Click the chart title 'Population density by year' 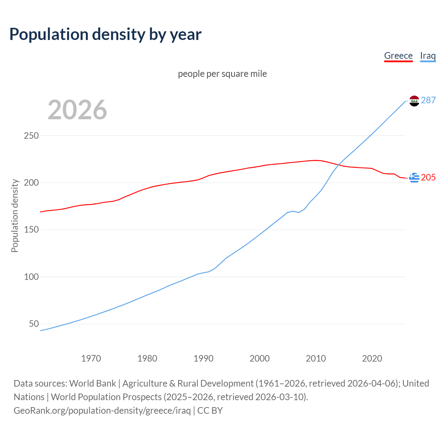(105, 34)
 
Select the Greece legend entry (398, 56)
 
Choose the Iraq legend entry (428, 56)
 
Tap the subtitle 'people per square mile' (222, 74)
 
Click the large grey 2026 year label (77, 110)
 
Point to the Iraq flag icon (414, 101)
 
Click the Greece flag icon (414, 178)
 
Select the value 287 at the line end (428, 100)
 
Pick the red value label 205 (428, 177)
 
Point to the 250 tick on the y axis (31, 136)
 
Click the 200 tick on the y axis (31, 183)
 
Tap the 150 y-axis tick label (31, 230)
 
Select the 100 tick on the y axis (31, 277)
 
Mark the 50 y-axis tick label (34, 324)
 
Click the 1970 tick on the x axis (91, 358)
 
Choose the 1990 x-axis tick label (203, 358)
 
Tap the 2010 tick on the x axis (316, 358)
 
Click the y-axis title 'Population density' (15, 216)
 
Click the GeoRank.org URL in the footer (102, 411)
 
